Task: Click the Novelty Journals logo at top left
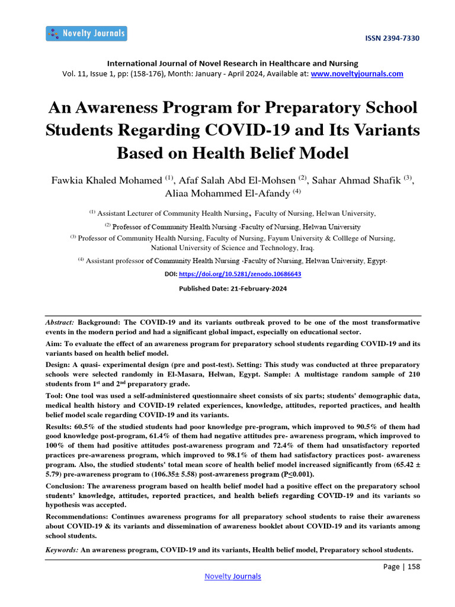[86, 33]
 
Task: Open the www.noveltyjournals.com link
[357, 74]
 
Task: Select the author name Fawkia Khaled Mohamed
[107, 180]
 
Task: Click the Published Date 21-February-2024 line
[232, 289]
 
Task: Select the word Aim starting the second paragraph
[53, 344]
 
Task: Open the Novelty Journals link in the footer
[232, 576]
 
